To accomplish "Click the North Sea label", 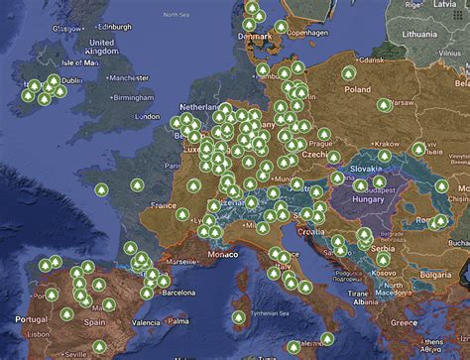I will coord(176,15).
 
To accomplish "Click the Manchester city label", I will coord(128,76).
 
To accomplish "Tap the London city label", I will coord(147,116).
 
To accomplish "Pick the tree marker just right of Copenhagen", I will coord(282,27).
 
